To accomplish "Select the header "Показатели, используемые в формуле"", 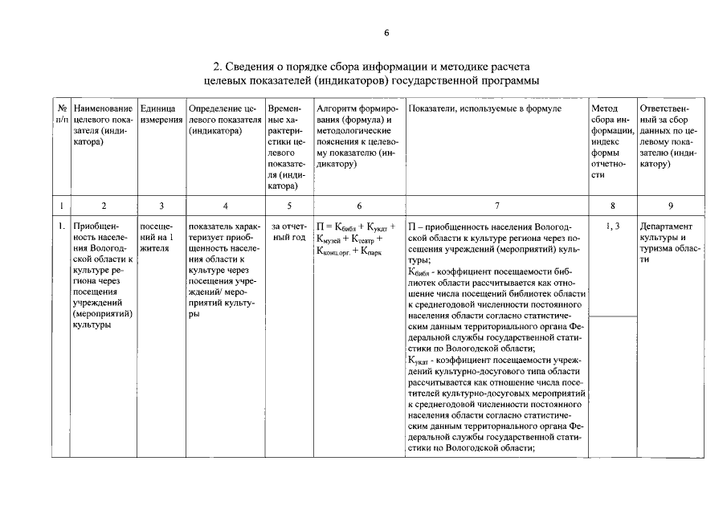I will coord(484,108).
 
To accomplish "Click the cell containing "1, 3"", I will coord(612,226).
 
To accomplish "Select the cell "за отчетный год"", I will coord(288,232).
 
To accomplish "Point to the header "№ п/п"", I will coord(61,113).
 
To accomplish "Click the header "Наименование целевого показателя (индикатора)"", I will coord(103,124).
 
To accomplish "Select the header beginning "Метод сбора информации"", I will coord(612,141).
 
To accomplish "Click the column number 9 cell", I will coord(671,206).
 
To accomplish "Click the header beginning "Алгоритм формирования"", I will coord(357,136).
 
